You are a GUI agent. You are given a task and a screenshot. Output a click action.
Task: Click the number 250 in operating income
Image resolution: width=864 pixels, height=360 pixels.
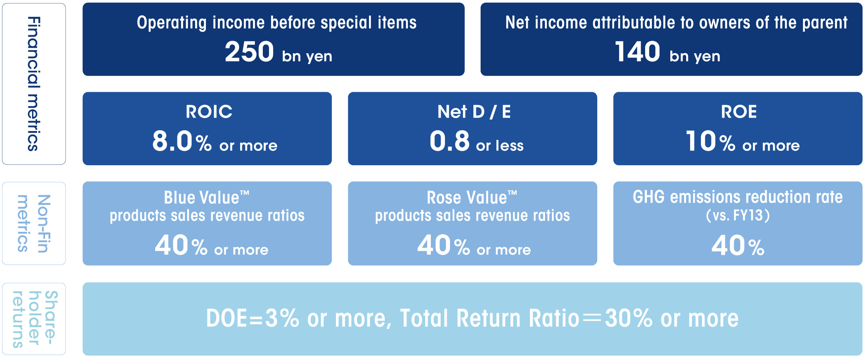(249, 51)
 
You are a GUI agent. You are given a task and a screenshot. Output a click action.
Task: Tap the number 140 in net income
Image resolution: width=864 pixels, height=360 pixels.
(637, 51)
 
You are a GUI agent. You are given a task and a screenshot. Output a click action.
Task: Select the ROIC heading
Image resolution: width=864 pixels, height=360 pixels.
(209, 112)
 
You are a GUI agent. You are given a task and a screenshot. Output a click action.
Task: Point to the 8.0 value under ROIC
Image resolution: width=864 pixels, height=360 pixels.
(172, 141)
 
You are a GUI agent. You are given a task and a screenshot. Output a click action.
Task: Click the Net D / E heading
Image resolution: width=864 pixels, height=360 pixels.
(474, 112)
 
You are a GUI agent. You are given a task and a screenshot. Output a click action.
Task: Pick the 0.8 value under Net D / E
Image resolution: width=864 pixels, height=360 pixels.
(450, 141)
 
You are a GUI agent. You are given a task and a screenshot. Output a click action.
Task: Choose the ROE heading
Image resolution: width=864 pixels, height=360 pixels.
(739, 112)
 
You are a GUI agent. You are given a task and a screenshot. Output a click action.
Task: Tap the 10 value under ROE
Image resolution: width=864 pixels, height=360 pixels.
(701, 141)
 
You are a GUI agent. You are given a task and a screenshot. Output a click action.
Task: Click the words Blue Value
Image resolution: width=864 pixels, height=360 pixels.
(202, 197)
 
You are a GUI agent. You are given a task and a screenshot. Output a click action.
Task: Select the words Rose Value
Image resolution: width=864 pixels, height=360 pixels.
(467, 197)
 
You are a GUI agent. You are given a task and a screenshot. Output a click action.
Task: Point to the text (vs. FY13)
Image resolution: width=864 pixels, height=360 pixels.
(738, 215)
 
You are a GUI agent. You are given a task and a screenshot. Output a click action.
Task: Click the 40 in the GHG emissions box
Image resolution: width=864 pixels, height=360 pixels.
(728, 246)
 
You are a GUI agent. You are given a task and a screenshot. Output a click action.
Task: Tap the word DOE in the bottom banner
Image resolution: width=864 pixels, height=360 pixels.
(227, 319)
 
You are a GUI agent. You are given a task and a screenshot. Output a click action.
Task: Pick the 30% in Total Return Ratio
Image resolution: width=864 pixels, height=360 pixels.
(628, 319)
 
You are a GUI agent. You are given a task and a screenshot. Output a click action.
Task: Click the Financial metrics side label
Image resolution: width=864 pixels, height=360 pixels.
(34, 84)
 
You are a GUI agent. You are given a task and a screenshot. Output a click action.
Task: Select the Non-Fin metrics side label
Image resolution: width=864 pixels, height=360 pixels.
(34, 224)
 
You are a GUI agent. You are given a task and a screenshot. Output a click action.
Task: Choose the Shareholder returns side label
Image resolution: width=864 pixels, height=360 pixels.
(35, 319)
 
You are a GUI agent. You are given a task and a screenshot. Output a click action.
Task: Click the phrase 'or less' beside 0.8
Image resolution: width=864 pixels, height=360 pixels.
(500, 145)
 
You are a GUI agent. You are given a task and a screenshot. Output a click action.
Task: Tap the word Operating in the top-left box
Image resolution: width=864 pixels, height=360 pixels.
(172, 23)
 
